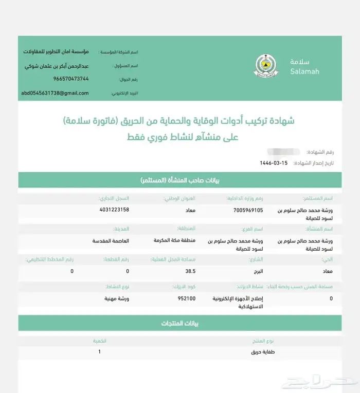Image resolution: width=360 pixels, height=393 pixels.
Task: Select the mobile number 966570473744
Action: pyautogui.click(x=71, y=79)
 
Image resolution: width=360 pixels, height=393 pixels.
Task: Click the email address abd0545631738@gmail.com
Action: pyautogui.click(x=55, y=93)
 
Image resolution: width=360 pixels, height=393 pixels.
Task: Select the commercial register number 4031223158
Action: pyautogui.click(x=114, y=210)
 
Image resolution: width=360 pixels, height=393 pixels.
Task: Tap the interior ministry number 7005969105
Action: pyautogui.click(x=247, y=210)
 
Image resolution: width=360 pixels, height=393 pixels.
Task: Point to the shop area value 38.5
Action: pyautogui.click(x=190, y=271)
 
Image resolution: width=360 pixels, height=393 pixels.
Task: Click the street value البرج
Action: pyautogui.click(x=256, y=271)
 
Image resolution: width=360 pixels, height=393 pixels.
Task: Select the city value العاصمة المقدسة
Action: pyautogui.click(x=111, y=240)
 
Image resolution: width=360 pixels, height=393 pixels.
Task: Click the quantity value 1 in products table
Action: pyautogui.click(x=99, y=352)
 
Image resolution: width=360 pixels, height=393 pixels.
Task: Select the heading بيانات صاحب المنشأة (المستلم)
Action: pyautogui.click(x=180, y=181)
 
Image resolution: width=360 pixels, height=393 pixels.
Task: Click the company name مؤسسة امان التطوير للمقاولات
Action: pyautogui.click(x=56, y=52)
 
